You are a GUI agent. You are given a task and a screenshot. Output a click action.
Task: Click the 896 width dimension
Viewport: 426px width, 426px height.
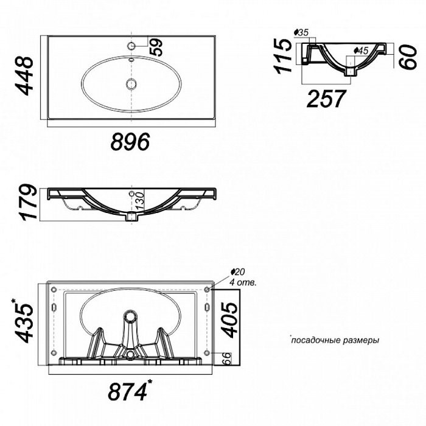pos(130,142)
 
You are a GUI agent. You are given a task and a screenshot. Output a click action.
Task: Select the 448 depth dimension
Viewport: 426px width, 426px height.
pos(24,76)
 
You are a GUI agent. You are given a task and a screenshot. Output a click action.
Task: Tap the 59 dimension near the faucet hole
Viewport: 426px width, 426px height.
pos(156,47)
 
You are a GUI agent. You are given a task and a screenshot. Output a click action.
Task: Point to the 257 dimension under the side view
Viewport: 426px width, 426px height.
pos(326,99)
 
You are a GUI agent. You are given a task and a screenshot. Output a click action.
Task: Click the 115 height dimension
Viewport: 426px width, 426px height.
pos(283,56)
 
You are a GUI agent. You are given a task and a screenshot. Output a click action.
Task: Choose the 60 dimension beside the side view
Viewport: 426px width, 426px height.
pos(408,57)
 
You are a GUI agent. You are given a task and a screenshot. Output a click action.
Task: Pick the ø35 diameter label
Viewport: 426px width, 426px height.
pos(301,33)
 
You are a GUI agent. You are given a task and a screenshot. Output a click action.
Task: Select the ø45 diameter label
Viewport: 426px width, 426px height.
pos(361,51)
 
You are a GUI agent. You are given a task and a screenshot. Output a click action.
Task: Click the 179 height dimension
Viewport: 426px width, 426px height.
pos(28,202)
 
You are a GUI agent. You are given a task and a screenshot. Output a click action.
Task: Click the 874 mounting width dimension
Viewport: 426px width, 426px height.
pos(130,391)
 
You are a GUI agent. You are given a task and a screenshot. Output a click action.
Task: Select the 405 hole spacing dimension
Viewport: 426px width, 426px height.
pos(229,319)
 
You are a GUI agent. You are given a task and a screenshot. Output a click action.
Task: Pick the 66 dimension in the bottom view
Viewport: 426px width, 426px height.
pos(227,358)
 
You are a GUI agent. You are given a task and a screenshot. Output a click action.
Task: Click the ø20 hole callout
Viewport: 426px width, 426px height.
pos(237,271)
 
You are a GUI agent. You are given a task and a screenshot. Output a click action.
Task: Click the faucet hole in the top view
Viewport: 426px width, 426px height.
pos(131,46)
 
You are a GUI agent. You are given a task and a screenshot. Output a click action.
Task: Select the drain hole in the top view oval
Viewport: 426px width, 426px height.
pos(131,83)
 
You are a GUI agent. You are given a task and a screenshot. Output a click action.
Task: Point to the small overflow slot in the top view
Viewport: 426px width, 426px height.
pos(131,59)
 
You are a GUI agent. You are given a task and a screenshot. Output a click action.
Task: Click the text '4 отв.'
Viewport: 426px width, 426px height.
pos(243,282)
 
